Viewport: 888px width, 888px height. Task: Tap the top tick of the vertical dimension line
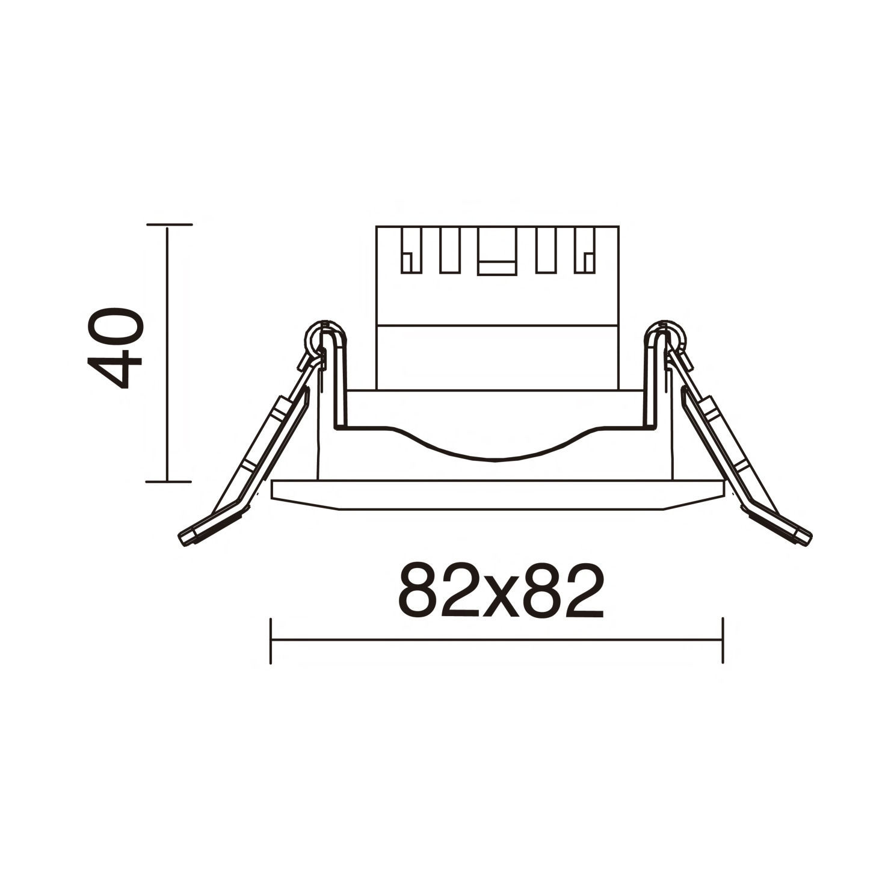coord(168,224)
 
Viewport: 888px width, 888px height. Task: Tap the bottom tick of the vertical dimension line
coord(168,481)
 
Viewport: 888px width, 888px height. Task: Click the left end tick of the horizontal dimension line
coord(271,640)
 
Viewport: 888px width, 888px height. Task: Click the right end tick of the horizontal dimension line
coord(723,640)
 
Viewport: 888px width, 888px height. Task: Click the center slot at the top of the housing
coord(497,251)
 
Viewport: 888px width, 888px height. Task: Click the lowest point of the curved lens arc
coord(495,460)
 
